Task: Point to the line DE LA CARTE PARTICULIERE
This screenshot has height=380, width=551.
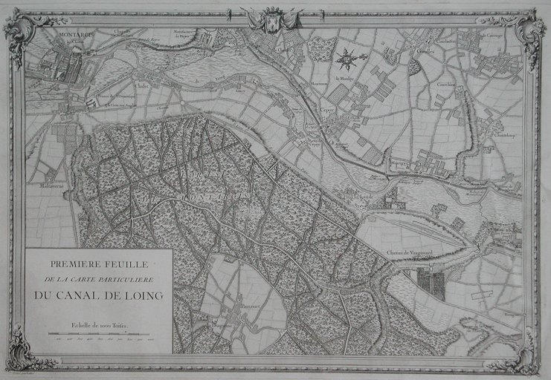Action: [x=99, y=280]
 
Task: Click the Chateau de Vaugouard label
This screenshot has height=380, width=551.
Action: [x=410, y=255]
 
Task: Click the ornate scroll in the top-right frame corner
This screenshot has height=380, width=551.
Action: [x=529, y=31]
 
